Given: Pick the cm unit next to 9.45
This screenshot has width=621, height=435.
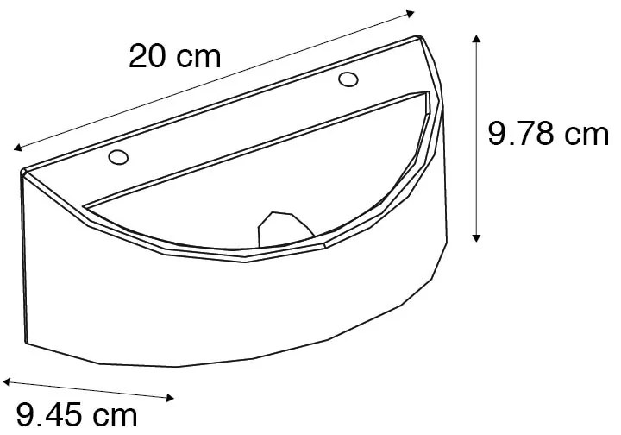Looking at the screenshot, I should (x=113, y=415).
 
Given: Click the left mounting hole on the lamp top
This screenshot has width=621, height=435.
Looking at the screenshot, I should (x=118, y=157).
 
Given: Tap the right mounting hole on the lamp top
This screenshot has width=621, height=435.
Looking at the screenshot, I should (x=348, y=80).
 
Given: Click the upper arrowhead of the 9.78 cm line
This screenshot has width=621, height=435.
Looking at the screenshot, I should (x=476, y=38).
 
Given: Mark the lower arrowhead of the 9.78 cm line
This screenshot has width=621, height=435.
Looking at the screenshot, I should (x=476, y=239).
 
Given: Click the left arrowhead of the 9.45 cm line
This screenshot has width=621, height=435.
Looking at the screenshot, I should (x=5, y=380).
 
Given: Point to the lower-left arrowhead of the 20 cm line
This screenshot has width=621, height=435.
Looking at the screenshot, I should (x=17, y=148).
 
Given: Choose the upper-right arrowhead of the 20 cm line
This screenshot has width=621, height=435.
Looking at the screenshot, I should (x=412, y=14).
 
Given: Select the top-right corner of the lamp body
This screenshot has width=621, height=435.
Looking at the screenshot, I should (x=420, y=37).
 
